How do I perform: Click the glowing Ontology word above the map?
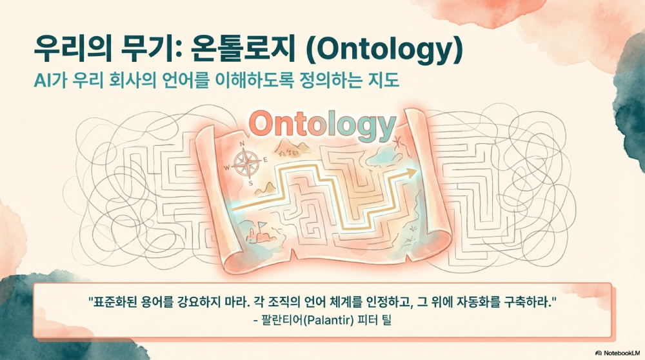point(321,125)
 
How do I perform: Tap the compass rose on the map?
point(244,163)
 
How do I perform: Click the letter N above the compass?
point(243,144)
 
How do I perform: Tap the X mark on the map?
point(397,139)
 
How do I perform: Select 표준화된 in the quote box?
point(114,303)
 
